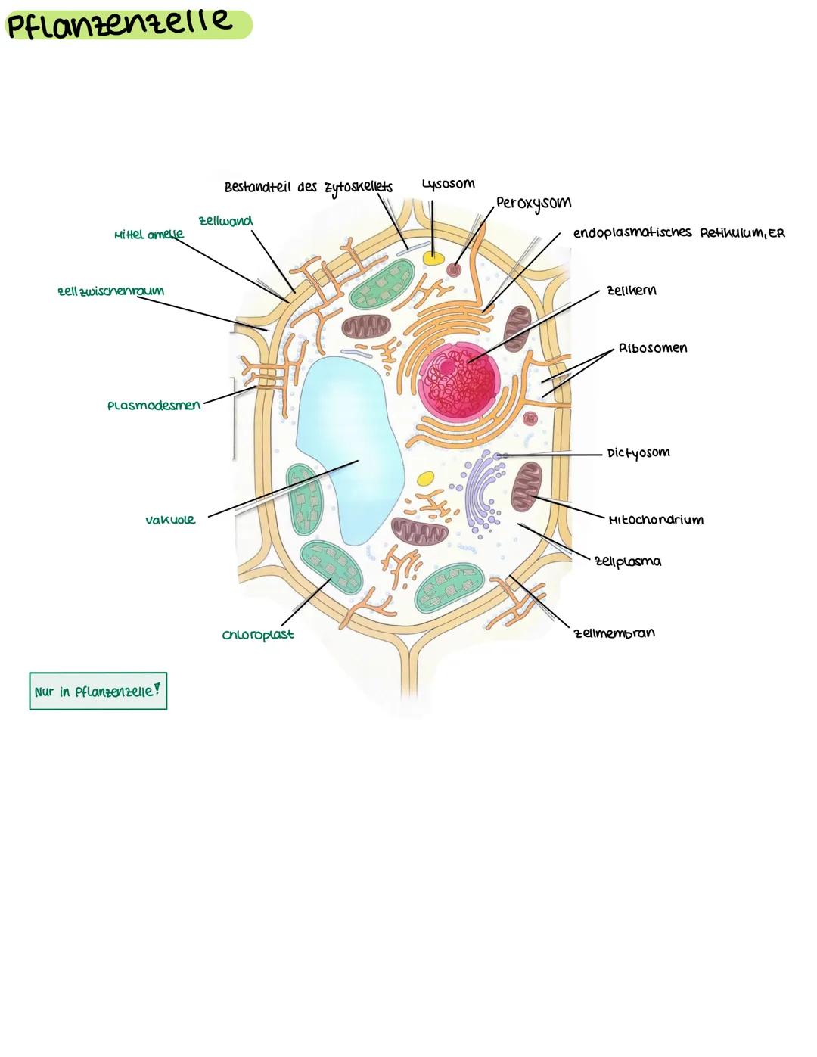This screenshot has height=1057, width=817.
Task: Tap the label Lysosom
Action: [x=448, y=184]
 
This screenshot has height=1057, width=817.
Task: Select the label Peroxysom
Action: [x=533, y=203]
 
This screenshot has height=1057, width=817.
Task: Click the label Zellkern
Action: [x=631, y=291]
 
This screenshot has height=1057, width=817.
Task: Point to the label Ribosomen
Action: [x=652, y=348]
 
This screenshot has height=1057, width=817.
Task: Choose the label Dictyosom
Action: [x=638, y=453]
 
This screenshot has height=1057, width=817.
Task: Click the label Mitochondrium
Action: [x=655, y=520]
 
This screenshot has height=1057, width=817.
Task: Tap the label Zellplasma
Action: [x=627, y=561]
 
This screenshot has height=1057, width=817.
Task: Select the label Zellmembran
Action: [x=614, y=633]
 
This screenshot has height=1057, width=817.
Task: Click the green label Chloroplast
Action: [x=258, y=635]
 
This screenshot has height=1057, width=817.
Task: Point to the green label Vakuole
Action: [x=170, y=520]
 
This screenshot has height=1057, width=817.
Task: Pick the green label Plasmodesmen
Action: [x=154, y=406]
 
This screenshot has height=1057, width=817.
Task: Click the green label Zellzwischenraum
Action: [x=110, y=291]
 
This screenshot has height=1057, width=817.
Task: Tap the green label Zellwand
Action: [x=225, y=221]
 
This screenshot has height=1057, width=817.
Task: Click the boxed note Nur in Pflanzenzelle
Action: [x=98, y=692]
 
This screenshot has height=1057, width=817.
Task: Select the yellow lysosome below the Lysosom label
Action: [x=433, y=258]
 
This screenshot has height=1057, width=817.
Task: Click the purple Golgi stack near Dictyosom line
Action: [x=481, y=492]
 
